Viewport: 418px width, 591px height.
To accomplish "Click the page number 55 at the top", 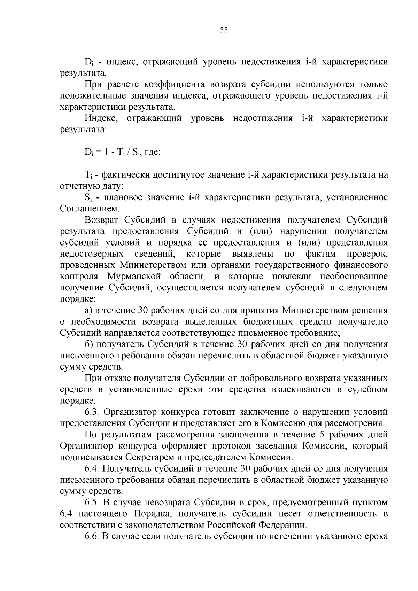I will point(224,30).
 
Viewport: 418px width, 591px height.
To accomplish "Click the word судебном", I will point(368,389).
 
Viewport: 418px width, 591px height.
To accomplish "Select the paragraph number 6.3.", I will point(92,412).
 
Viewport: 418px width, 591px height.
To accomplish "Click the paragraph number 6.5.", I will point(92,503).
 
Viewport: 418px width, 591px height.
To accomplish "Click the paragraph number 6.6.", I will point(92,536).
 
